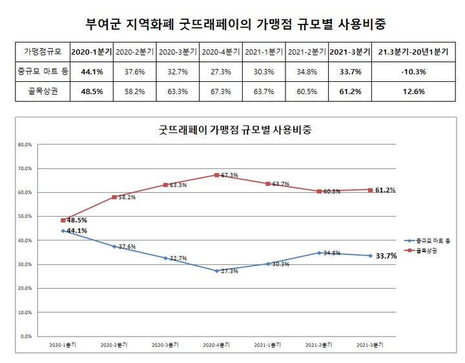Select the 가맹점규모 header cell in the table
click(42, 52)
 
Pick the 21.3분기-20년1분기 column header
click(413, 52)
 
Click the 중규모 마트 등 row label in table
click(42, 72)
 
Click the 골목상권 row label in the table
click(42, 92)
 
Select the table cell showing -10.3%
click(413, 72)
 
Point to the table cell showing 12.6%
click(413, 92)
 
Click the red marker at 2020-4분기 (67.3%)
click(216, 175)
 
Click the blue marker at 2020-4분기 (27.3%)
click(216, 271)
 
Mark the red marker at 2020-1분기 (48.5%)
click(63, 221)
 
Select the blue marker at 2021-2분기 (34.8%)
click(318, 253)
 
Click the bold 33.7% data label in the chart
click(386, 256)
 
